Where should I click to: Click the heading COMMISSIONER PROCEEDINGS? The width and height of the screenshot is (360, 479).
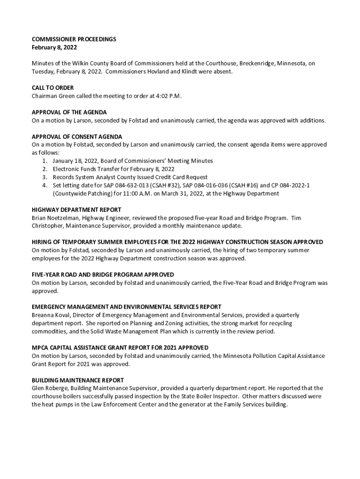pyautogui.click(x=73, y=39)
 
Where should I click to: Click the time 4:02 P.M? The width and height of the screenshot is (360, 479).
pyautogui.click(x=166, y=96)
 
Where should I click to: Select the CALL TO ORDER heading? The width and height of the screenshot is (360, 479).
pyautogui.click(x=53, y=88)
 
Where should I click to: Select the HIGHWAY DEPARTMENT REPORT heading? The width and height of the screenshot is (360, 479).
pyautogui.click(x=76, y=210)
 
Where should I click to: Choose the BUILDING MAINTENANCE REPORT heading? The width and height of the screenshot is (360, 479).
pyautogui.click(x=78, y=380)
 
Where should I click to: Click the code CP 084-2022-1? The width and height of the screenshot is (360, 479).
pyautogui.click(x=289, y=185)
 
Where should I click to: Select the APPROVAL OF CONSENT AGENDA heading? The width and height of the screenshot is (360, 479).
pyautogui.click(x=77, y=137)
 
